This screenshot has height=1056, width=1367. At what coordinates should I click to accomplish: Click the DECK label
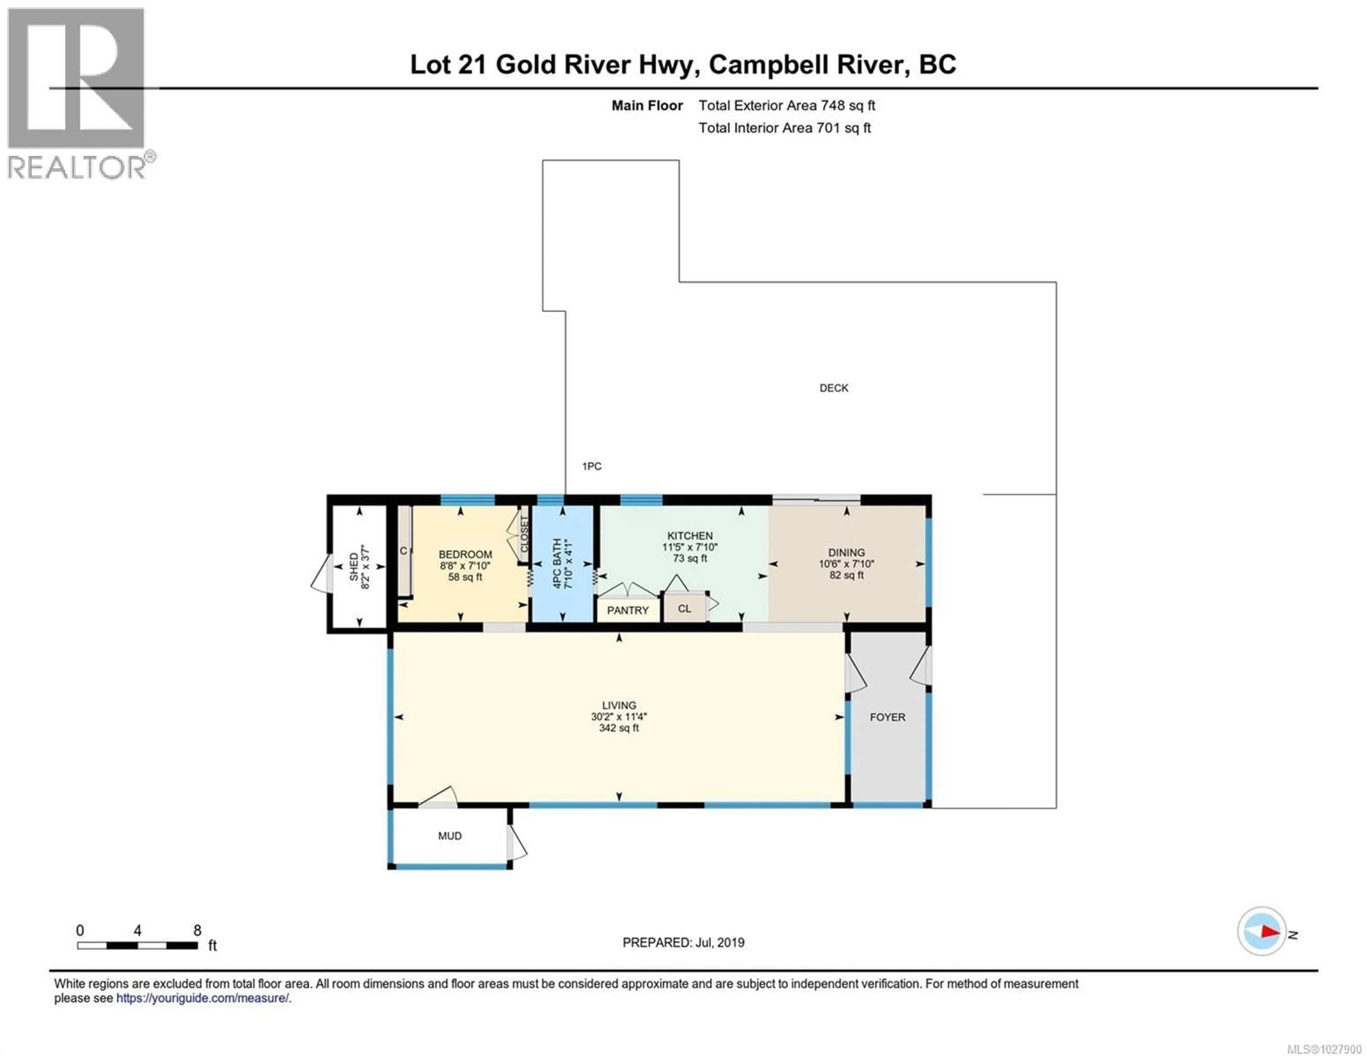click(x=834, y=388)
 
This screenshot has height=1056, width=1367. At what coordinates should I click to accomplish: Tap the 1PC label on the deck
click(x=592, y=466)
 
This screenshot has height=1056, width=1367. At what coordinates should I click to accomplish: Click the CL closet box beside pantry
click(x=684, y=608)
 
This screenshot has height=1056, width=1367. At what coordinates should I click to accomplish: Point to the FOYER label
click(x=887, y=718)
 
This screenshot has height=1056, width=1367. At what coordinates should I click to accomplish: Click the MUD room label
click(x=449, y=836)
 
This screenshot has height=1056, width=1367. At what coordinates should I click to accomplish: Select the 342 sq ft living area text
click(x=618, y=728)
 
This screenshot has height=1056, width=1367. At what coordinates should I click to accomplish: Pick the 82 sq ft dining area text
click(x=846, y=575)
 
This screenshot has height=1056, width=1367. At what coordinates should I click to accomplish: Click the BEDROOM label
click(x=465, y=555)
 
